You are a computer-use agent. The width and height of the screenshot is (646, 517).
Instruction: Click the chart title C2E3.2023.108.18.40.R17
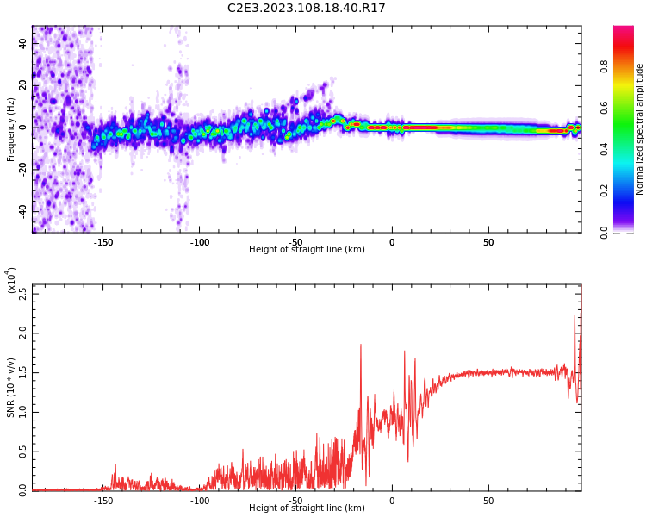click(307, 9)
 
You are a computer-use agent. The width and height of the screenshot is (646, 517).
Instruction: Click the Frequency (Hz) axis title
click(11, 129)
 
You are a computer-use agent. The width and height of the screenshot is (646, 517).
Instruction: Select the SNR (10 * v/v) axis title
click(11, 388)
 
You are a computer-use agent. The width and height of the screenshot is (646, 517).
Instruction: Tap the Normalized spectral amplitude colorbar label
click(640, 129)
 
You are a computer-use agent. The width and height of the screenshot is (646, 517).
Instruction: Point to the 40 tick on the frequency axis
click(23, 44)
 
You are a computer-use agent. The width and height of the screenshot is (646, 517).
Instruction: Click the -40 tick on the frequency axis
click(22, 210)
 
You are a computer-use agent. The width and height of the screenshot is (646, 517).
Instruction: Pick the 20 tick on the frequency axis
click(23, 85)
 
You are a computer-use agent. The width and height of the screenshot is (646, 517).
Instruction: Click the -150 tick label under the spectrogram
click(103, 242)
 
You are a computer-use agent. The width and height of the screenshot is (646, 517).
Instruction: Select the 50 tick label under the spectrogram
click(488, 242)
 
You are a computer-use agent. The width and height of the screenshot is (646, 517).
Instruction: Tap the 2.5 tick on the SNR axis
click(22, 292)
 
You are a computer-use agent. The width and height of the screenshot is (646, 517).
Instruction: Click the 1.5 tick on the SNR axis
click(22, 372)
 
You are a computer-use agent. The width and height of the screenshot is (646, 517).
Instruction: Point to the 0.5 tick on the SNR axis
click(22, 451)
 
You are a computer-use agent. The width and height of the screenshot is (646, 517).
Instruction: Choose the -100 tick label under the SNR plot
click(199, 501)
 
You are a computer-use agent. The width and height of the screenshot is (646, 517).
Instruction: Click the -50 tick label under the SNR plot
click(295, 501)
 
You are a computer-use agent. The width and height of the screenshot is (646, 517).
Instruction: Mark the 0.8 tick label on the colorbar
click(628, 65)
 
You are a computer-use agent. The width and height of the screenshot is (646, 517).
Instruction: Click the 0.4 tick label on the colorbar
click(628, 149)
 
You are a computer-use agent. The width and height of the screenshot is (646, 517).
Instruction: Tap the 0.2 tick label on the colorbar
click(628, 190)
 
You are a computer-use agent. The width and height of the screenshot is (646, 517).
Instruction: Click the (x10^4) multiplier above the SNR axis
click(11, 281)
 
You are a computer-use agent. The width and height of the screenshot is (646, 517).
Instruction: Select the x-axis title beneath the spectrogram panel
click(307, 250)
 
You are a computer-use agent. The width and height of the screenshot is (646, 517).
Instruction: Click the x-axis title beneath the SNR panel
click(307, 508)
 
